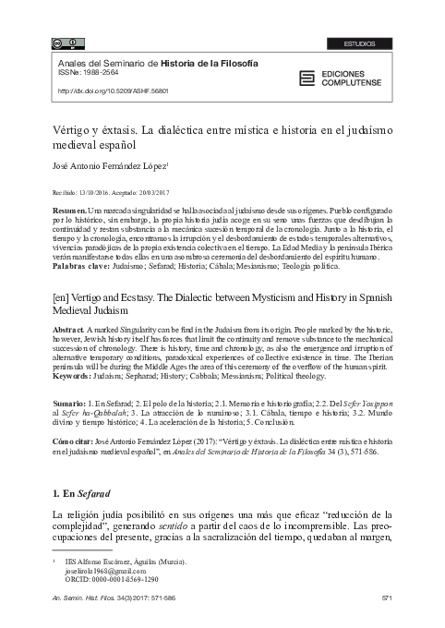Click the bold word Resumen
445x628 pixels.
coord(70,211)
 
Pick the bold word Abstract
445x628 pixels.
coord(70,330)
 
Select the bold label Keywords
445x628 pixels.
coord(74,377)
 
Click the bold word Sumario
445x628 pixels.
coord(70,405)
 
